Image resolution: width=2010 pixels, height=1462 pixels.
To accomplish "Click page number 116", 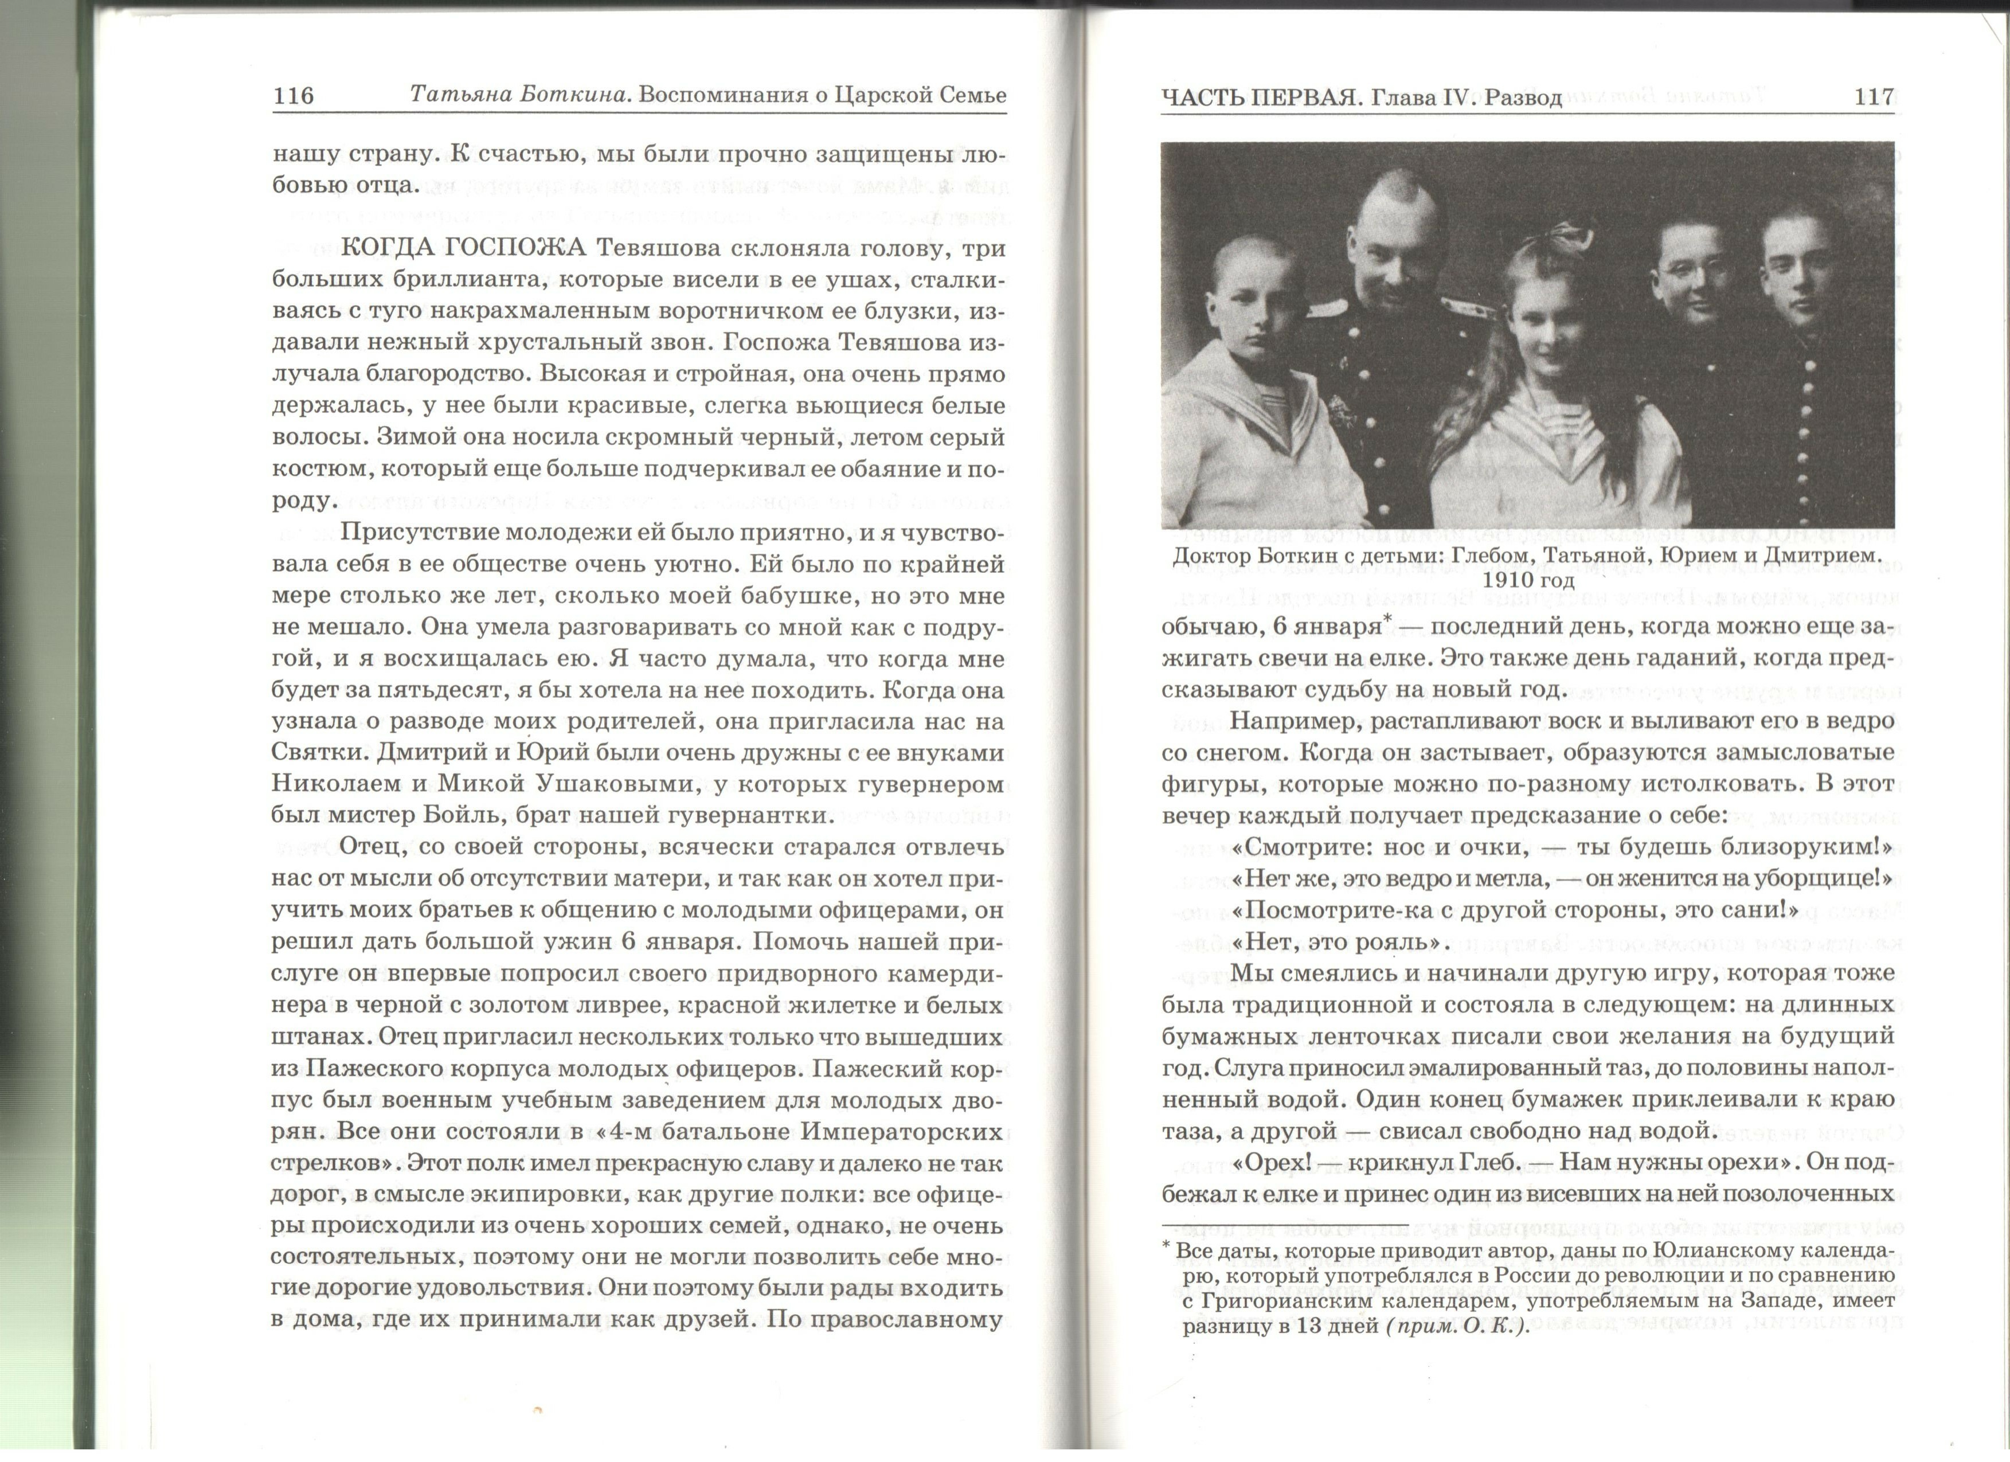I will [x=294, y=96].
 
